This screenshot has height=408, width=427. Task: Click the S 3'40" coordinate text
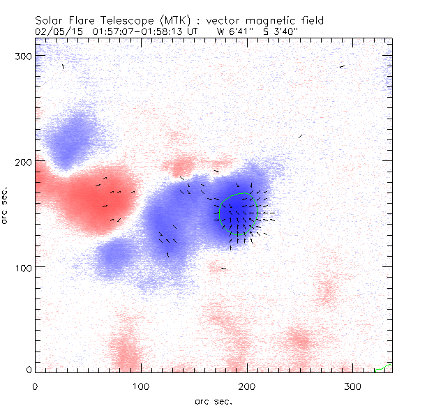pos(273,31)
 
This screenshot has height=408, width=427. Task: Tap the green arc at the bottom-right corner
pos(383,367)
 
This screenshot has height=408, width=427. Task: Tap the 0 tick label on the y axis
pos(29,370)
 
